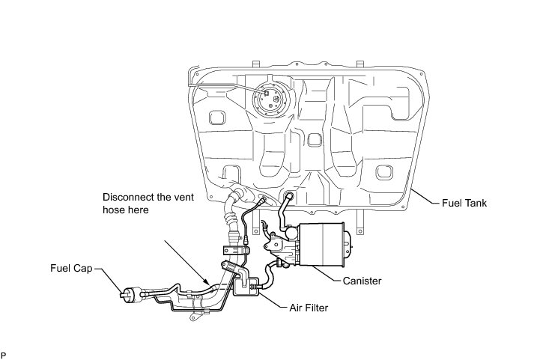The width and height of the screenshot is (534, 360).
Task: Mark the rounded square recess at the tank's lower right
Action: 383,174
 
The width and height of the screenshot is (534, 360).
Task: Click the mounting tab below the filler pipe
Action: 196,317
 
